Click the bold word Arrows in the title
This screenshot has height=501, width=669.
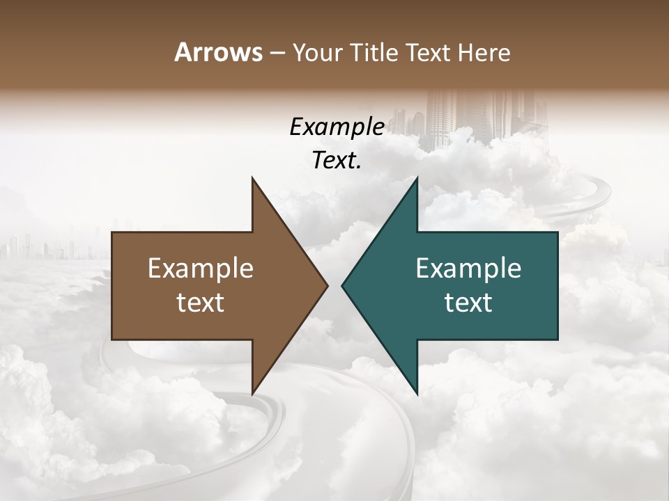(218, 52)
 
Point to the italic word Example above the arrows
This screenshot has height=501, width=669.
(337, 127)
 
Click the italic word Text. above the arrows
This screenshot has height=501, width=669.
(337, 160)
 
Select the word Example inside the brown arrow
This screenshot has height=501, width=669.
(201, 269)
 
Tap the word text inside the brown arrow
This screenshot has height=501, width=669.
(201, 303)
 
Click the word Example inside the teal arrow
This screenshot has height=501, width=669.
(468, 269)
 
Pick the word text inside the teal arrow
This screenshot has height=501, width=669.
(468, 303)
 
